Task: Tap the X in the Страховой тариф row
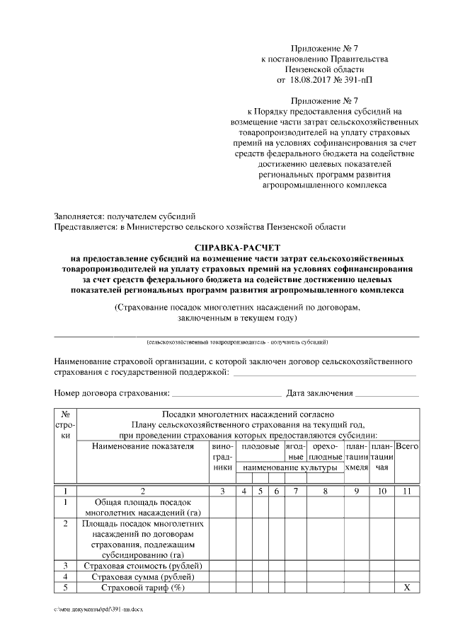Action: pos(406,588)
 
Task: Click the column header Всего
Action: pos(406,447)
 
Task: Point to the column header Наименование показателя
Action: pos(142,447)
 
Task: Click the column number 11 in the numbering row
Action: pos(406,491)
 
